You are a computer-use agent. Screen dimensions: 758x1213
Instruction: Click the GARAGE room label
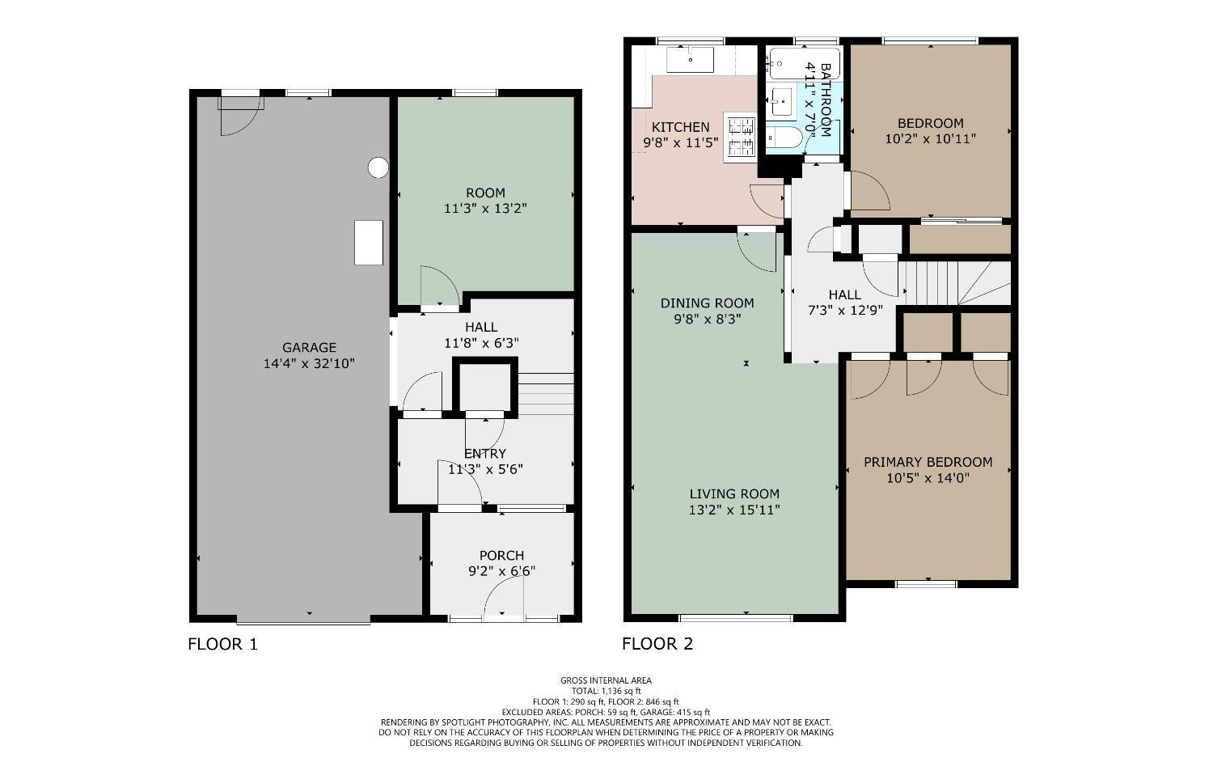click(309, 348)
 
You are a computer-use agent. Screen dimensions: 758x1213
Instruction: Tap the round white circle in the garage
click(378, 167)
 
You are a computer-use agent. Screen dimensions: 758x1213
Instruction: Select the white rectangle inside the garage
click(369, 243)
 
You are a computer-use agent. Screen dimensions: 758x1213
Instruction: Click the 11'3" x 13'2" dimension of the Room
click(485, 208)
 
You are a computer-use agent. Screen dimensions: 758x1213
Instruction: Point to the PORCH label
click(501, 556)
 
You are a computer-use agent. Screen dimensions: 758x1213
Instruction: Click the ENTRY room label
click(485, 453)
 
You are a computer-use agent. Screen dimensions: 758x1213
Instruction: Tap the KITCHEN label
click(680, 127)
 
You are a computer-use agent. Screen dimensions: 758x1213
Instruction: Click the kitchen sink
click(690, 60)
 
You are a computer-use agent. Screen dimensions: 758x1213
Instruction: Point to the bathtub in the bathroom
click(793, 61)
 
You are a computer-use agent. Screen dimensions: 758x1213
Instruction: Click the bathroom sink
click(781, 102)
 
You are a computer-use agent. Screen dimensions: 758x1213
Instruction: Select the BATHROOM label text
click(826, 100)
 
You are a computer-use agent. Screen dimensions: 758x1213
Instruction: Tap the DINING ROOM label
click(707, 303)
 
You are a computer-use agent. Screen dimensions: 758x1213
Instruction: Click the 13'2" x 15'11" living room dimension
click(734, 510)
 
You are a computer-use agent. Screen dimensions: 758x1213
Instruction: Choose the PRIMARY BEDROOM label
click(928, 462)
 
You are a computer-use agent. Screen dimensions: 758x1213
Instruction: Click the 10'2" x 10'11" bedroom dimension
click(930, 138)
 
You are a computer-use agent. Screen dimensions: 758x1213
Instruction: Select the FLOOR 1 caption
click(222, 644)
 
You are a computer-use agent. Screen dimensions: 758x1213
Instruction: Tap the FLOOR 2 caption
click(657, 644)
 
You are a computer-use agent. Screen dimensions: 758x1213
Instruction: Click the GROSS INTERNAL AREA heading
click(606, 680)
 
